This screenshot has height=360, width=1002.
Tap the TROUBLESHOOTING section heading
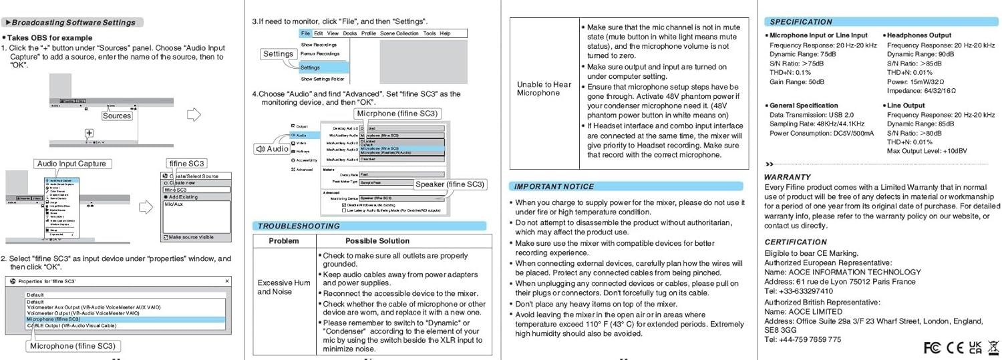(x=299, y=226)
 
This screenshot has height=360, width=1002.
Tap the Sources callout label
(x=117, y=116)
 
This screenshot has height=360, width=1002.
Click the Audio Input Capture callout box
(x=71, y=164)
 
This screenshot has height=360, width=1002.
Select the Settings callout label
(x=278, y=54)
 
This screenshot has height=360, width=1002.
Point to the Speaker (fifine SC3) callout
(x=450, y=184)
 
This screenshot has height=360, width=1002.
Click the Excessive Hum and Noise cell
(x=284, y=287)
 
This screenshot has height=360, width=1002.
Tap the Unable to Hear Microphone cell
(x=544, y=89)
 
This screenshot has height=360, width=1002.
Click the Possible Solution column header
(x=377, y=240)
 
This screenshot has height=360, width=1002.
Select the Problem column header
(x=283, y=240)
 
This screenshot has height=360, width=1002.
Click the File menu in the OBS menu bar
(x=305, y=33)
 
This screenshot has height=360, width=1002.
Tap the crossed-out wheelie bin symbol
(x=992, y=347)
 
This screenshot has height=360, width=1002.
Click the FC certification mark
(x=931, y=347)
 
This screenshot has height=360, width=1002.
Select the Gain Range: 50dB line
(x=797, y=81)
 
